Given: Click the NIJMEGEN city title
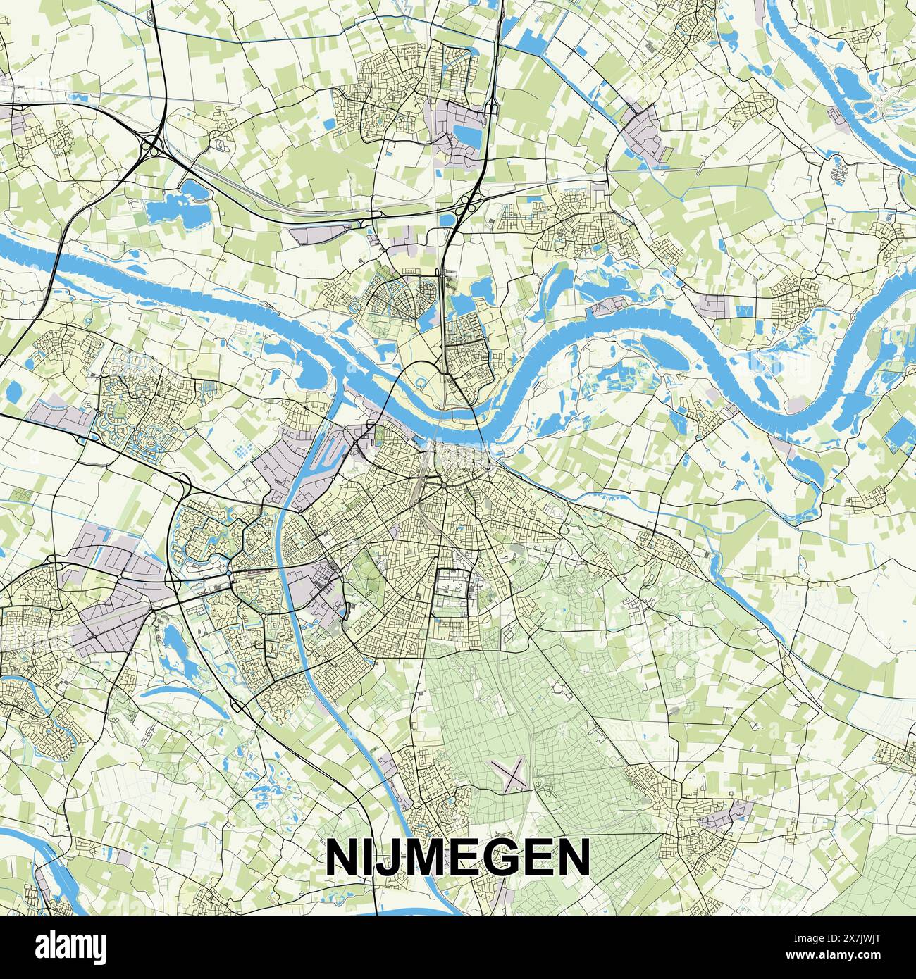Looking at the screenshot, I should (x=457, y=857).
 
